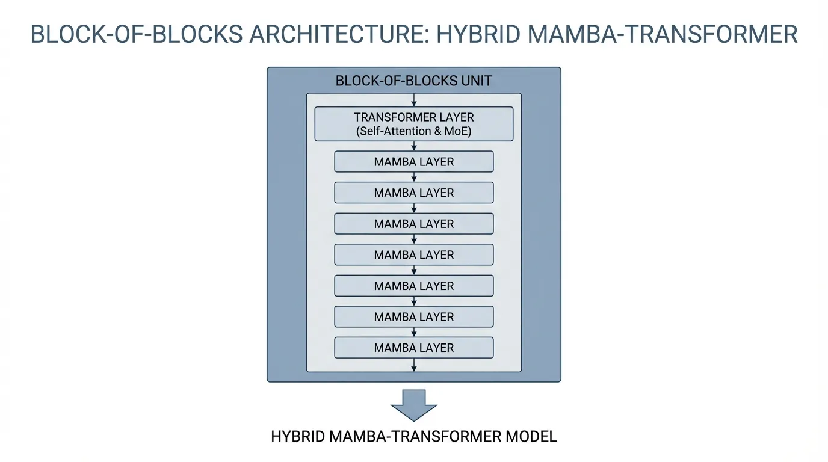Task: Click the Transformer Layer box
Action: tap(414, 124)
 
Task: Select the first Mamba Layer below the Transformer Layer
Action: tap(414, 162)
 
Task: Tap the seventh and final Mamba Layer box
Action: tap(414, 348)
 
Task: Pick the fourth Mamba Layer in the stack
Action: tap(414, 255)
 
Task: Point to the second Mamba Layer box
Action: tap(414, 193)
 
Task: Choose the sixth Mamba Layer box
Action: tap(414, 317)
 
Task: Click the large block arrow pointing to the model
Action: tap(414, 404)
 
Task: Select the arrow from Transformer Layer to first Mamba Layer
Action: tap(414, 146)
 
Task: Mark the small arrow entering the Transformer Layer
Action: tap(414, 100)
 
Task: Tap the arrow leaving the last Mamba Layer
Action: tap(414, 365)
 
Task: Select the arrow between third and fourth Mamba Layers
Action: tap(414, 239)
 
